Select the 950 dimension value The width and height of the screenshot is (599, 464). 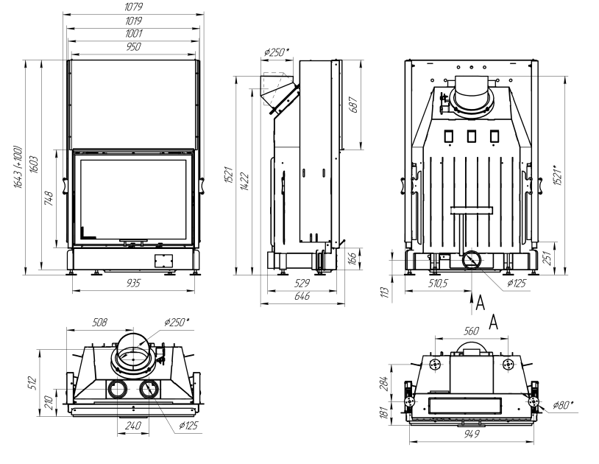(x=133, y=46)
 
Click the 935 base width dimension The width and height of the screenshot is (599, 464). (x=133, y=283)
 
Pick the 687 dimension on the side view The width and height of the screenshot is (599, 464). (x=354, y=104)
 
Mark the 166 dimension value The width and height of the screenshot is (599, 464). (x=352, y=259)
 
